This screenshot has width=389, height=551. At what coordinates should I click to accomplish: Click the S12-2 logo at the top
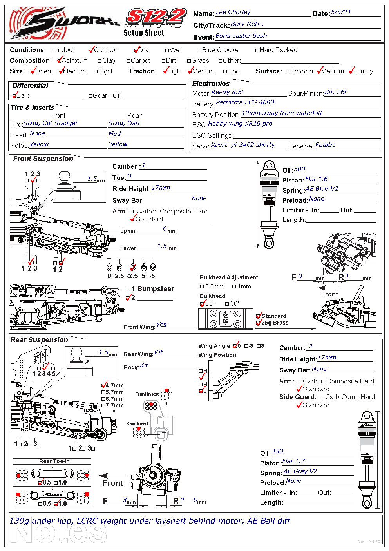[156, 18]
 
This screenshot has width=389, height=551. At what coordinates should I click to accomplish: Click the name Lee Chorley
[233, 13]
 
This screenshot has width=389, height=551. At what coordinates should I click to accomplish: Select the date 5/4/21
[341, 13]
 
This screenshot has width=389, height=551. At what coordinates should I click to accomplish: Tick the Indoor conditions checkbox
[54, 50]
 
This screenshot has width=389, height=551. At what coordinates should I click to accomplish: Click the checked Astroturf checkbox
[60, 60]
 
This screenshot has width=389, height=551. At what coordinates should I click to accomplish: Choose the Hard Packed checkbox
[257, 50]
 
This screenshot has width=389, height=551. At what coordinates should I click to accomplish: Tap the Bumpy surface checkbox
[351, 71]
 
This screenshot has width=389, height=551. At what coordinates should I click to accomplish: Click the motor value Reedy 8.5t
[228, 92]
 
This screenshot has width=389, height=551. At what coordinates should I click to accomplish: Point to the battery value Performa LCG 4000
[245, 102]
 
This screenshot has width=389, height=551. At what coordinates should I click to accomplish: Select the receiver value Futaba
[326, 145]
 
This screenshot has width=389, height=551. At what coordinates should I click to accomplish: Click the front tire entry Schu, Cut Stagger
[51, 123]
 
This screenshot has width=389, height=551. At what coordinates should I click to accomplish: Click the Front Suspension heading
[43, 159]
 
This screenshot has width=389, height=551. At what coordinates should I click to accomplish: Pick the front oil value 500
[299, 169]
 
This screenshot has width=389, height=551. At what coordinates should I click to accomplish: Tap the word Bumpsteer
[156, 289]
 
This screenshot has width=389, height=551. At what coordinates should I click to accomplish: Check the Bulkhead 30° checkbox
[227, 304]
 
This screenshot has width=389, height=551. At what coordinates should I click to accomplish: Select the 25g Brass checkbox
[259, 323]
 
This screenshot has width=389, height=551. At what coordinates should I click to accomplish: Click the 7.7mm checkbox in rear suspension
[103, 406]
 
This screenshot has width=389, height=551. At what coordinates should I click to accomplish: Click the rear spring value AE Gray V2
[300, 471]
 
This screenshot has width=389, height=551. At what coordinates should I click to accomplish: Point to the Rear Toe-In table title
[54, 461]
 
